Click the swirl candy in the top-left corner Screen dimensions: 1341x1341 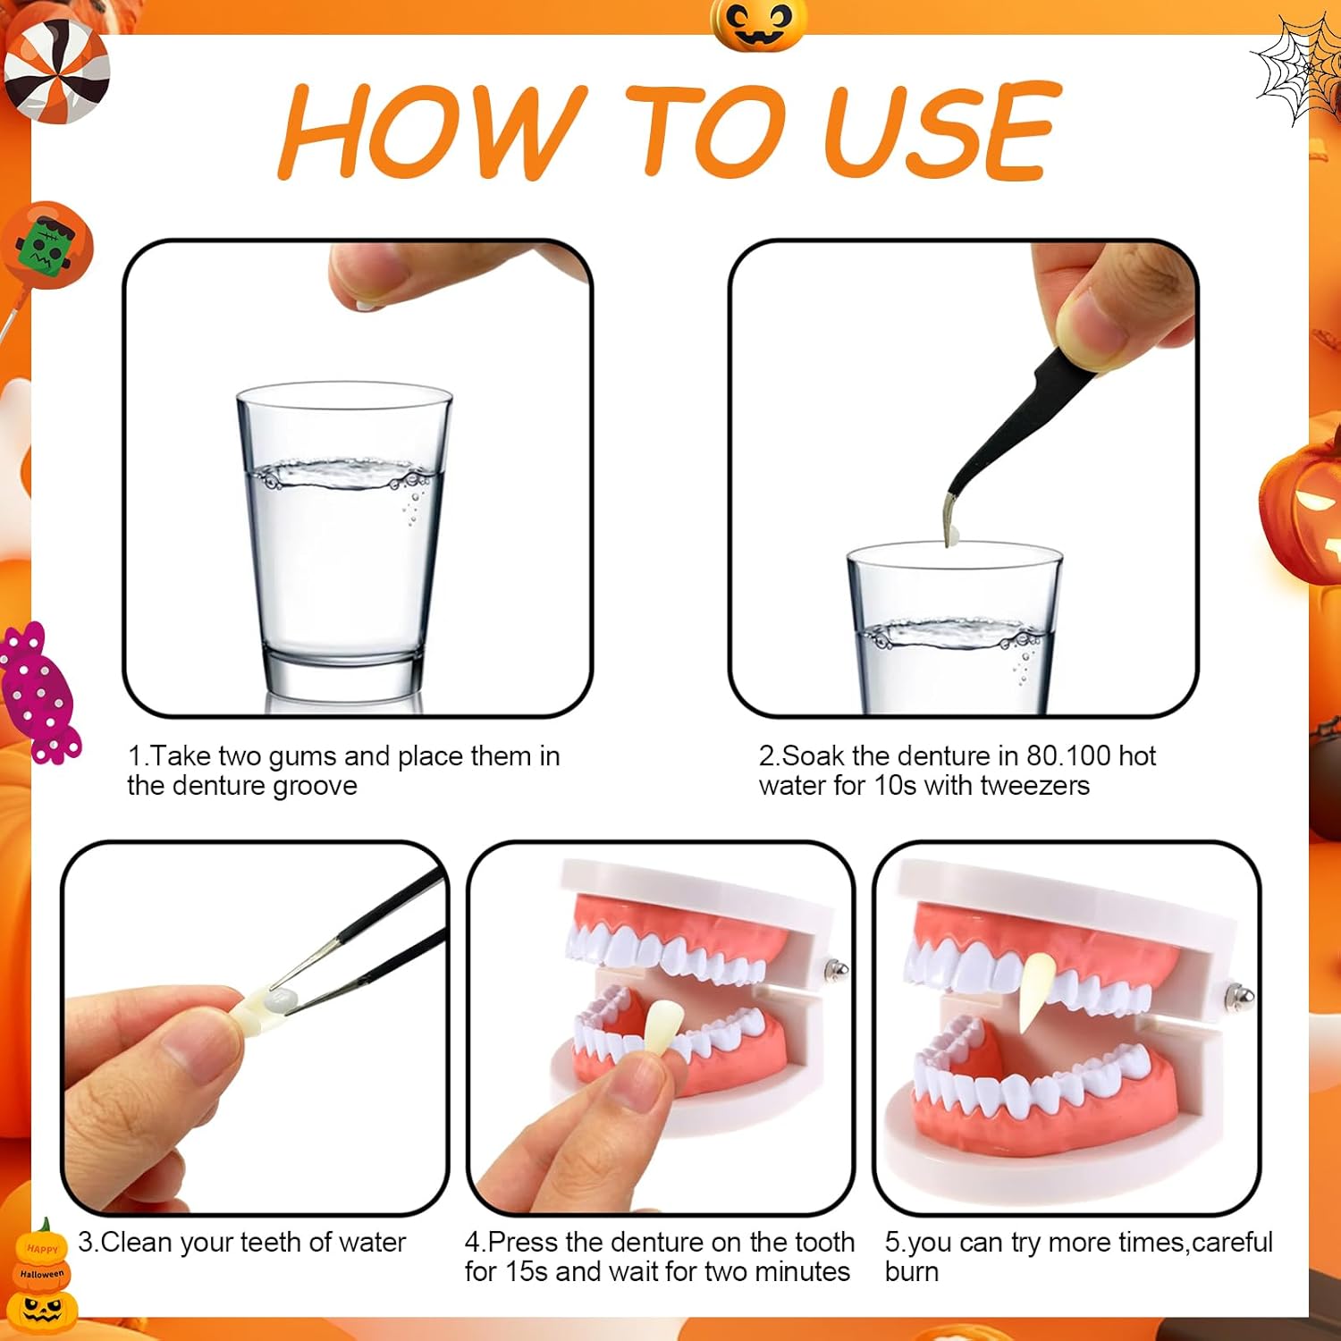pos(55,70)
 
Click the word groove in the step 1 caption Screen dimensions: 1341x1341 pos(316,787)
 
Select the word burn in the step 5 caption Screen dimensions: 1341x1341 pos(912,1272)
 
